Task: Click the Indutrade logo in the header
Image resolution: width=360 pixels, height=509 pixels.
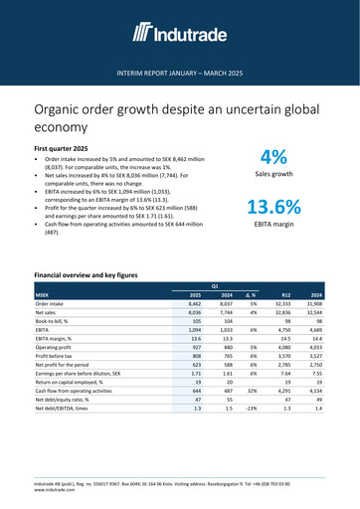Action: (180, 36)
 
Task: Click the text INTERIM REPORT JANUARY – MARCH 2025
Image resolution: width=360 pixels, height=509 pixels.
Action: (180, 75)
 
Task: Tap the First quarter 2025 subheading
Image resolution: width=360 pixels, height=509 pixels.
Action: (69, 147)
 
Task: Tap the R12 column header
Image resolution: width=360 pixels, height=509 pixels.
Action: (286, 295)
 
